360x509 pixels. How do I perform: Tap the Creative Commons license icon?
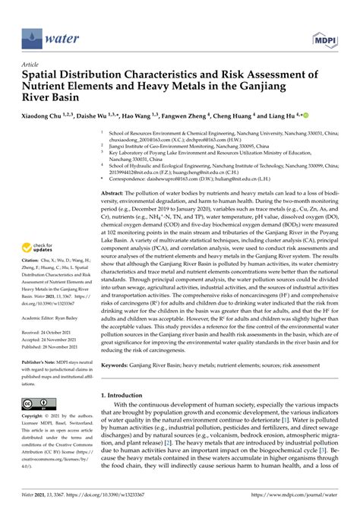(36, 403)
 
